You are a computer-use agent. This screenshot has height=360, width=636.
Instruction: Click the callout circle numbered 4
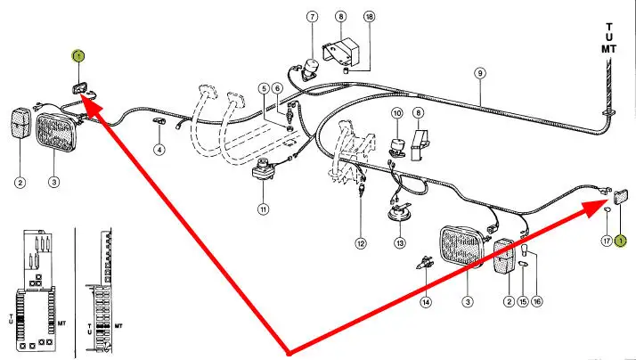pos(159,150)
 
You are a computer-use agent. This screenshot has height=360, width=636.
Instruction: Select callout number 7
pos(313,17)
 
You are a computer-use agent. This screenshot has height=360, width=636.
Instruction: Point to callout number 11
pos(264,209)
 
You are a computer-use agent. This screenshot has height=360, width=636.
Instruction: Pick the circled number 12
pos(361,242)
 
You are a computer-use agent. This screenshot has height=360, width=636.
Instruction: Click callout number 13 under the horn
pos(400,242)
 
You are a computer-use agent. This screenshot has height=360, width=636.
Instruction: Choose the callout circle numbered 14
pos(426,302)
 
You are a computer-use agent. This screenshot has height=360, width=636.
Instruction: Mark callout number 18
pos(370,17)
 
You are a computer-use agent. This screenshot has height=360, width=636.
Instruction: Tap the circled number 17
pos(605,241)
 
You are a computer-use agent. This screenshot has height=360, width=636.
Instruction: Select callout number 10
pos(397,113)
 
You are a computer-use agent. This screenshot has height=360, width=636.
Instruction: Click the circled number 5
pos(265,87)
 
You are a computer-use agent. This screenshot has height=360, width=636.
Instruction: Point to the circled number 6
pos(277,87)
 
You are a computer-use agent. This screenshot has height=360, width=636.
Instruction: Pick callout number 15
pos(523,302)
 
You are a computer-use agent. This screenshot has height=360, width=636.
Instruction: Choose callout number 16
pos(538,302)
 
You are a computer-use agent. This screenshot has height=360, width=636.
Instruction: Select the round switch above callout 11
pos(265,168)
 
